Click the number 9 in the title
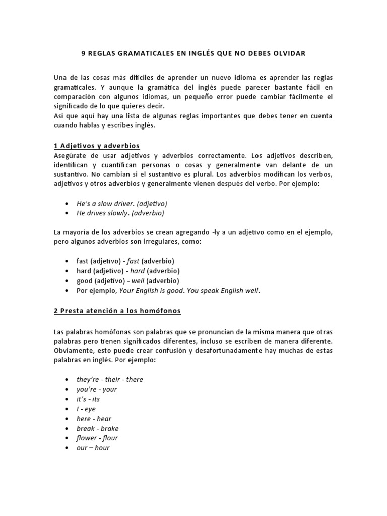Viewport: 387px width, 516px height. pyautogui.click(x=84, y=53)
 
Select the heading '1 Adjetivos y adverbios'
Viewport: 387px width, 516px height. pyautogui.click(x=96, y=145)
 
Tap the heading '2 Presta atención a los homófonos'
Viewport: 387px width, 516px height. pyautogui.click(x=117, y=311)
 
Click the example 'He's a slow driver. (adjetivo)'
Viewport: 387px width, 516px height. pyautogui.click(x=121, y=203)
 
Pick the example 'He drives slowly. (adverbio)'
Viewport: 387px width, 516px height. pyautogui.click(x=120, y=213)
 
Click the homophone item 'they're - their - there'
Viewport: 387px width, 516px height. pyautogui.click(x=109, y=379)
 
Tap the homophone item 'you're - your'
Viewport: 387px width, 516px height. pyautogui.click(x=96, y=390)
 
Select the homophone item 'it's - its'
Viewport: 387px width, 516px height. pyautogui.click(x=88, y=399)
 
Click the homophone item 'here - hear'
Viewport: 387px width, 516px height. pyautogui.click(x=94, y=419)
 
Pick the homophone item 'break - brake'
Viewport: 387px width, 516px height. pyautogui.click(x=97, y=428)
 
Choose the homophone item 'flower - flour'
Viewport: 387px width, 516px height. pyautogui.click(x=97, y=438)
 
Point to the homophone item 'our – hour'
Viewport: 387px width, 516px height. pyautogui.click(x=93, y=448)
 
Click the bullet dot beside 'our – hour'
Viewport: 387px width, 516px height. pyautogui.click(x=68, y=448)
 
